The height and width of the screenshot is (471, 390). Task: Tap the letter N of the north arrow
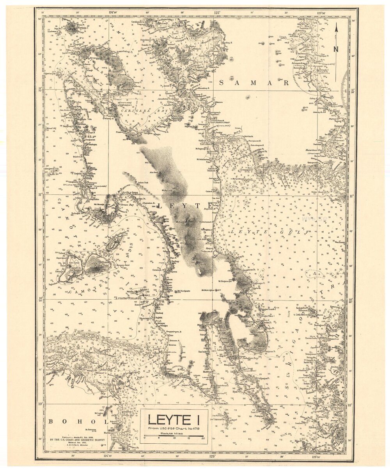point(336,49)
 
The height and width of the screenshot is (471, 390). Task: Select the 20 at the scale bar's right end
point(203,438)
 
